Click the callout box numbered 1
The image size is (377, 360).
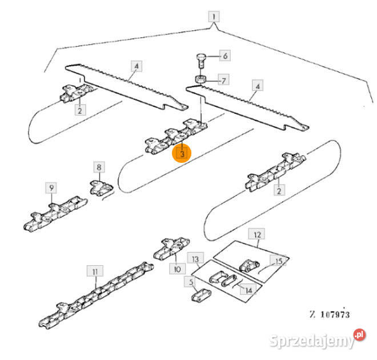pos(214,17)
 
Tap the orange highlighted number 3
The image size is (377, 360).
pos(182,153)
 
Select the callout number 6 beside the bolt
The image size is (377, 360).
pos(225,56)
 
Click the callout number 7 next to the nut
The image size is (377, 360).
pos(223,80)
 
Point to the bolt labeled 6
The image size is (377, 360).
pos(200,61)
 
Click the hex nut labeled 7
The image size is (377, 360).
pos(199,79)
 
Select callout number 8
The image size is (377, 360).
pos(99,167)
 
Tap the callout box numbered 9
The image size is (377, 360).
pos(51,188)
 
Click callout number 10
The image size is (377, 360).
pos(177,269)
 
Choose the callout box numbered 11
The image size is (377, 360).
pos(95,271)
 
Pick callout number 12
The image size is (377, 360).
pos(257,234)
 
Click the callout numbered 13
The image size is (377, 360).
pos(195,258)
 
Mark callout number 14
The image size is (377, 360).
pos(248,290)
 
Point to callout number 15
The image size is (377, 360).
pos(278,261)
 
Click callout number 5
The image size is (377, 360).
pos(191,281)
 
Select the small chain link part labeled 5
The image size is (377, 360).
pos(202,295)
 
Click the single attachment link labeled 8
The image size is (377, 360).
pos(101,188)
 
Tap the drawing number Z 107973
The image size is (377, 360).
pos(330,314)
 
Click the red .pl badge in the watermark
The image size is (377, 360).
pos(359,335)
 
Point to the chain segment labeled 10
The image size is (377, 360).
pos(171,249)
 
